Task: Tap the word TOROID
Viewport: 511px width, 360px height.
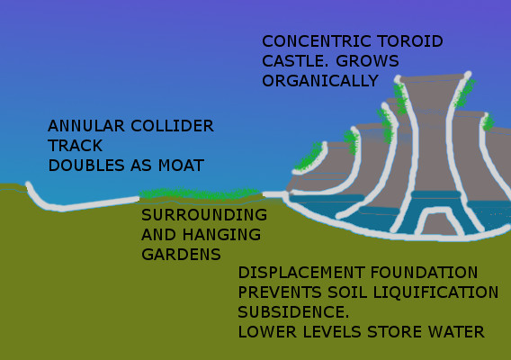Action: click(410, 41)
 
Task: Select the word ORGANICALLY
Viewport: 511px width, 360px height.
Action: click(320, 81)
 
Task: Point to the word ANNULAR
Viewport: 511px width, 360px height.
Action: click(86, 126)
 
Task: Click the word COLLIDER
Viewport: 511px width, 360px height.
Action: click(172, 126)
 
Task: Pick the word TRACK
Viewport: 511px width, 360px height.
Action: click(76, 146)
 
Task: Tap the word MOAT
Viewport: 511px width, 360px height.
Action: click(181, 166)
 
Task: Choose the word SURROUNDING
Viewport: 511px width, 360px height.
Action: click(204, 215)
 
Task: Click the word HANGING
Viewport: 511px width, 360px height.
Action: click(221, 235)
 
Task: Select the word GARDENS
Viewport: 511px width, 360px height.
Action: click(181, 255)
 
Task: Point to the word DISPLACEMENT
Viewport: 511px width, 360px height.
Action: click(301, 273)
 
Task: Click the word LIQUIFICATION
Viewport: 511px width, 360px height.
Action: click(435, 292)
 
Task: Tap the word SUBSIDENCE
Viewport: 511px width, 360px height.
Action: click(293, 312)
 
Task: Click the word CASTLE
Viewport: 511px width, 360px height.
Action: click(295, 61)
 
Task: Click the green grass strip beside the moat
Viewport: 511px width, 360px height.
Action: click(200, 193)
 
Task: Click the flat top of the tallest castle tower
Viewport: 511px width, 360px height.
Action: click(432, 78)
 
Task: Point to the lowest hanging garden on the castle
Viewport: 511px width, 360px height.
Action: click(309, 158)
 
